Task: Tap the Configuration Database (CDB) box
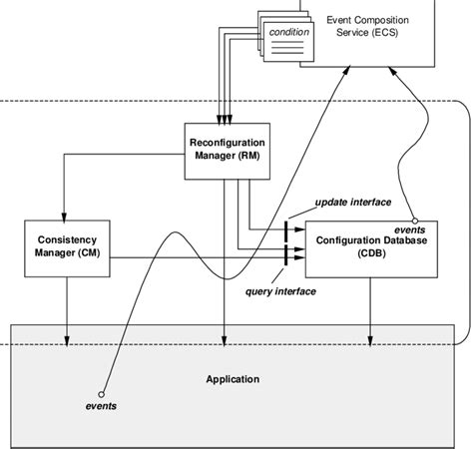click(x=372, y=246)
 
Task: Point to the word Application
click(x=233, y=379)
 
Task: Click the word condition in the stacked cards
click(x=289, y=33)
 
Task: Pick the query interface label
click(x=281, y=291)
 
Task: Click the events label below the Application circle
click(x=101, y=407)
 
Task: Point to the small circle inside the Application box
click(x=101, y=393)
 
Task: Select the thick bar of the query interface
click(x=286, y=257)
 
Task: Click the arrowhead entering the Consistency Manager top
click(x=65, y=215)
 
